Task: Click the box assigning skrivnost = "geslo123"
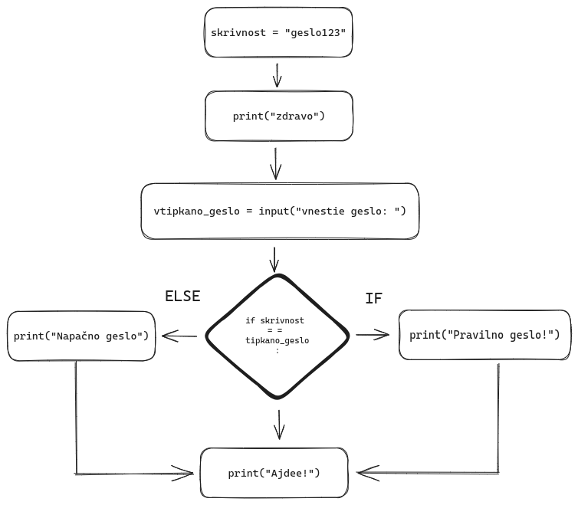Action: pyautogui.click(x=279, y=33)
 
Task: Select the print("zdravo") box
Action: pyautogui.click(x=279, y=116)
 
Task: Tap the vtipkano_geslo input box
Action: pyautogui.click(x=280, y=211)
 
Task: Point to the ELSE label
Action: pyautogui.click(x=182, y=297)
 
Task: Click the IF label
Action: pyautogui.click(x=373, y=298)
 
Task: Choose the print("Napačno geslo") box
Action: pyautogui.click(x=80, y=336)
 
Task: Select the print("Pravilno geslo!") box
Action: pyautogui.click(x=485, y=335)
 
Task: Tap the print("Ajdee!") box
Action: pyautogui.click(x=274, y=473)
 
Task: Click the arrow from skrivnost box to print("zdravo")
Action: pyautogui.click(x=278, y=75)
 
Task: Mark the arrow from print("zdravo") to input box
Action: pyautogui.click(x=278, y=161)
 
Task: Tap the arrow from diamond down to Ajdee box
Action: pyautogui.click(x=279, y=423)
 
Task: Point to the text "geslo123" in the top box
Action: pyautogui.click(x=323, y=34)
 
